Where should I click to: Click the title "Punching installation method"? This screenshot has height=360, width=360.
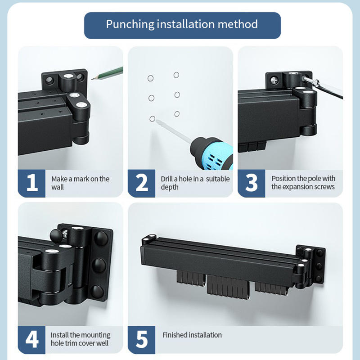(182, 24)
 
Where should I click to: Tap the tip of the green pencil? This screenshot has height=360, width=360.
(92, 79)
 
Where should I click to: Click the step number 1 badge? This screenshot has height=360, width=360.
(31, 183)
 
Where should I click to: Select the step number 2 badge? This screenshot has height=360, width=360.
(141, 183)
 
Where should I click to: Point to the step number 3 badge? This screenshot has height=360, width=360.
(252, 183)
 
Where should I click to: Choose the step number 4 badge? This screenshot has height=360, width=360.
(31, 340)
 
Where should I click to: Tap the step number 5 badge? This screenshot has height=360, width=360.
(141, 340)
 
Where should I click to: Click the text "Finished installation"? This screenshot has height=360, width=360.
(192, 335)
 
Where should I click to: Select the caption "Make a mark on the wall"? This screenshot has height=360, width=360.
(81, 183)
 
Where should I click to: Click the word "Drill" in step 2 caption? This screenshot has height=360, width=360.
(166, 179)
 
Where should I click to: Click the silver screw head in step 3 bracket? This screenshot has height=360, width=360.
(274, 80)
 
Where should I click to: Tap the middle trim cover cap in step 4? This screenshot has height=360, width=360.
(99, 265)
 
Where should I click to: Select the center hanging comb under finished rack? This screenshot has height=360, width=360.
(228, 288)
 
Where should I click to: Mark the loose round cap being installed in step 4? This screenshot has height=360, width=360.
(56, 236)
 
